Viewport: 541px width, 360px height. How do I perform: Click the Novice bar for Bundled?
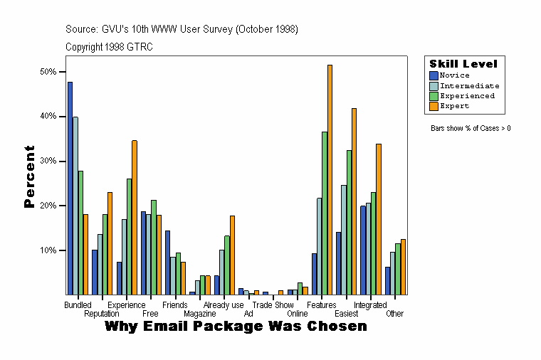click(x=70, y=188)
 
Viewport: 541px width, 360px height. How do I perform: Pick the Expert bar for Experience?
click(x=134, y=217)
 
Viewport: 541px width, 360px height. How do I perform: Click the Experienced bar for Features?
click(x=325, y=213)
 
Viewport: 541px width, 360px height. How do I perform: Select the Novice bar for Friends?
click(x=167, y=263)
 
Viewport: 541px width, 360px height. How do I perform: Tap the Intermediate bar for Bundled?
click(x=75, y=206)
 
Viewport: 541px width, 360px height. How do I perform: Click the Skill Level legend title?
click(x=463, y=64)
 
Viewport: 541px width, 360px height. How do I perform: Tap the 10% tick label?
click(x=49, y=250)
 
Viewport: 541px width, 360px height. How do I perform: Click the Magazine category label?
click(x=199, y=313)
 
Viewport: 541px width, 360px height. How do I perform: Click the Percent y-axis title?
click(x=29, y=176)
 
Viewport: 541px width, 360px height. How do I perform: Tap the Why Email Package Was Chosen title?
click(x=236, y=326)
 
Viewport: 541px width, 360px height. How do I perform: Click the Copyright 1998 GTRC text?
click(x=109, y=47)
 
